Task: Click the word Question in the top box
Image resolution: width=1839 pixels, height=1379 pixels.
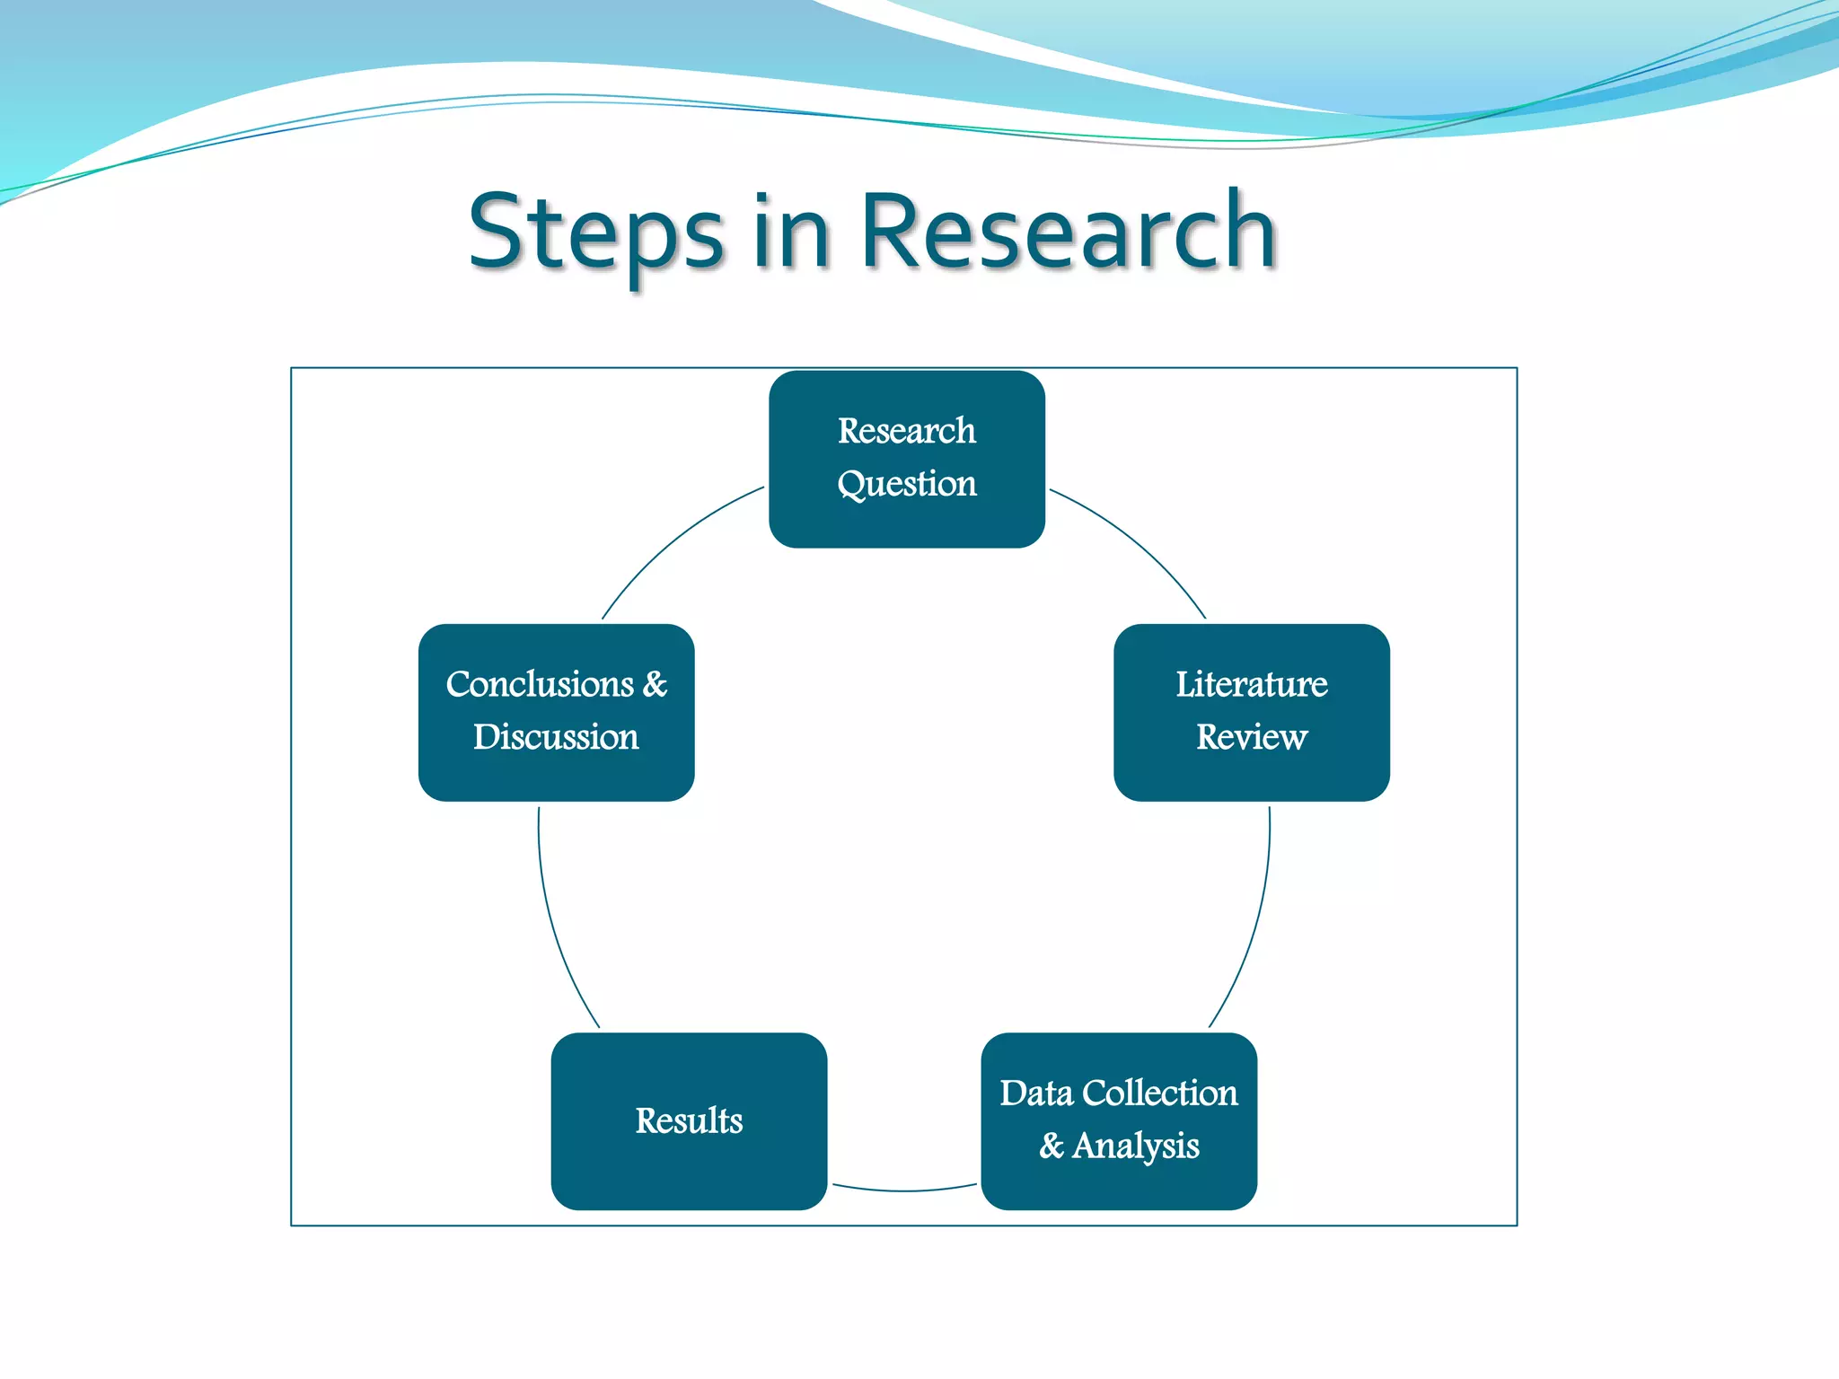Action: pos(907,485)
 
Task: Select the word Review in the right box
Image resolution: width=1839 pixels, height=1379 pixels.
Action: pos(1252,737)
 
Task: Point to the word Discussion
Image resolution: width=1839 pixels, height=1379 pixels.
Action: pos(556,737)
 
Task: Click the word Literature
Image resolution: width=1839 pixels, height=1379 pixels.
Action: pos(1252,684)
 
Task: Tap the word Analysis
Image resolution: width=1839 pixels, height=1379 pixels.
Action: pos(1136,1146)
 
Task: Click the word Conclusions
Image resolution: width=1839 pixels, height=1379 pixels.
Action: pos(540,684)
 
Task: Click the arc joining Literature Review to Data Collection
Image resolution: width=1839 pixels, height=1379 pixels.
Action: pos(1254,925)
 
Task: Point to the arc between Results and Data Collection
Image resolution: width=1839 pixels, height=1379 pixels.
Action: pos(904,1190)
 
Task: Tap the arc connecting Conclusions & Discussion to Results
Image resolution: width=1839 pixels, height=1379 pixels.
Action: pos(554,925)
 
